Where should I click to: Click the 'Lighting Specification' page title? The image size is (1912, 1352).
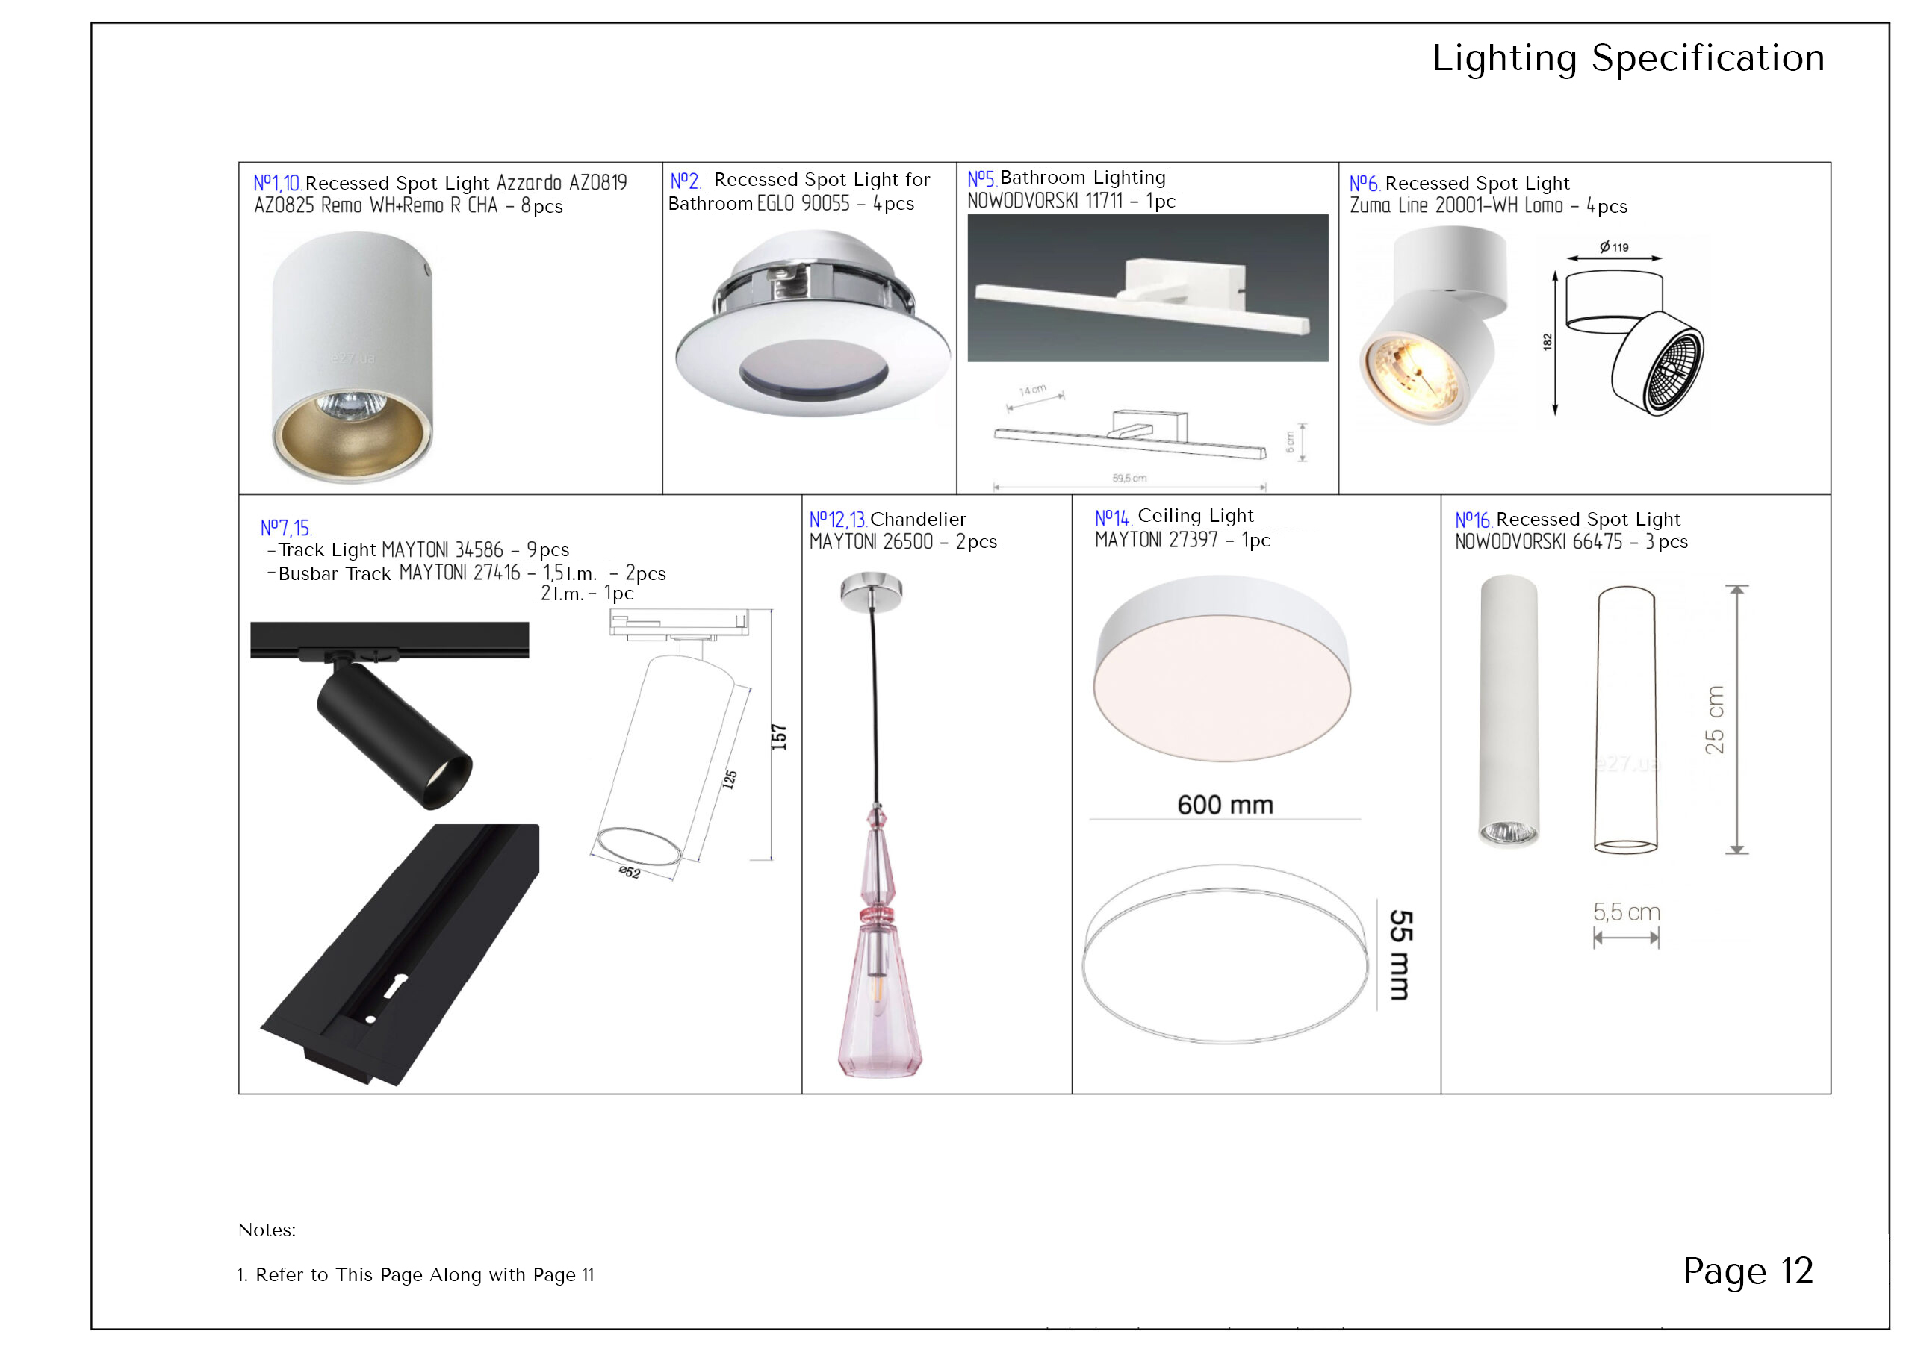(1627, 58)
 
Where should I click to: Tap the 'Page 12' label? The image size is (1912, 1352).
(1747, 1271)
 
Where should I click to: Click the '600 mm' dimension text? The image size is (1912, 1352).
(1225, 805)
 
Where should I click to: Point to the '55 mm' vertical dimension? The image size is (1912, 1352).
(1400, 954)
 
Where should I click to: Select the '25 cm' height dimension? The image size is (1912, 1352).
(1714, 720)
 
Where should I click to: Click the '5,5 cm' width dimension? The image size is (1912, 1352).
(1627, 912)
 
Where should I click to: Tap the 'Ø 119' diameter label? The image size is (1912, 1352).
(1614, 246)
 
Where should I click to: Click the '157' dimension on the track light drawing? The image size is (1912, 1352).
(779, 737)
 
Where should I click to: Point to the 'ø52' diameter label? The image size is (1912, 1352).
(630, 872)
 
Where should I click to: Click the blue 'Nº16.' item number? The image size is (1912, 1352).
(1473, 520)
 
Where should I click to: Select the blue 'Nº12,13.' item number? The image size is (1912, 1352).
(838, 520)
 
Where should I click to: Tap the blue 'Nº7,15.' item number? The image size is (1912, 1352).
(285, 528)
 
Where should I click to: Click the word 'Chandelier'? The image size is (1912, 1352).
(918, 520)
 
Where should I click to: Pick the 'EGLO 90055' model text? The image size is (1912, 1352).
(804, 203)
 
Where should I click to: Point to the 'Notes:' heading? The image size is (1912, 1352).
(267, 1230)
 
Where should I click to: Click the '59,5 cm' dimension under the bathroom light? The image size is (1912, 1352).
(1129, 478)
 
